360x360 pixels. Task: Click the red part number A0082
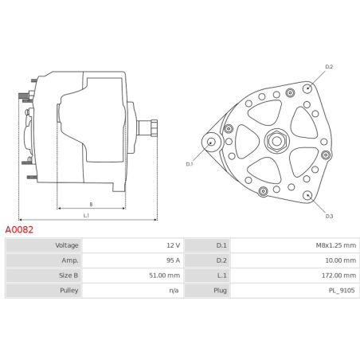point(19,229)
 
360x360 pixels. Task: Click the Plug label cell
point(221,291)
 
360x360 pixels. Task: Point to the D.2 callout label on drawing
point(329,67)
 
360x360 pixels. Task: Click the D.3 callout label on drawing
point(329,216)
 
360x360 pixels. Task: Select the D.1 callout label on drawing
point(190,164)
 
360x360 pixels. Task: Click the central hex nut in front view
point(276,142)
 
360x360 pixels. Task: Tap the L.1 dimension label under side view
point(86,215)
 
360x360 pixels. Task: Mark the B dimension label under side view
point(91,204)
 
